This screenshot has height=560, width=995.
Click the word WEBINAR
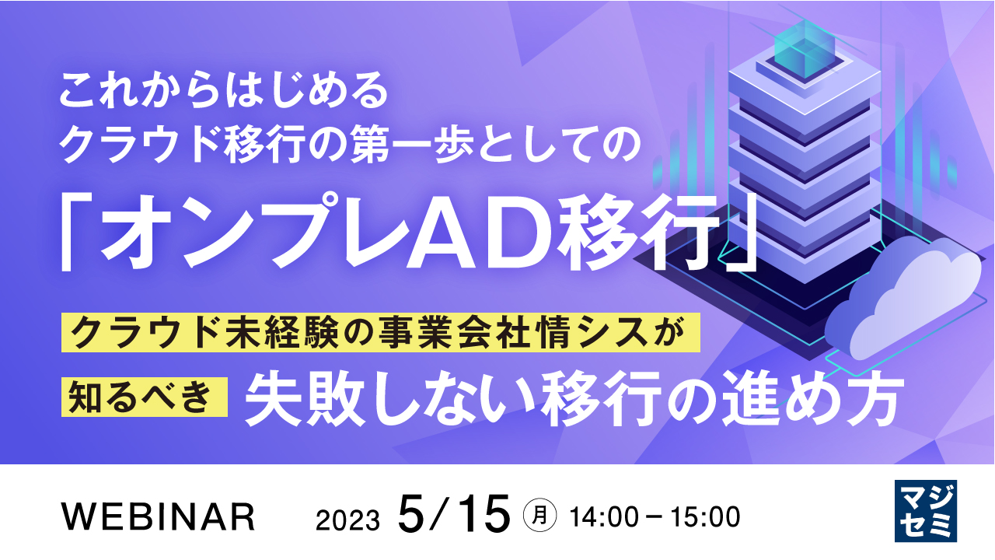point(158,516)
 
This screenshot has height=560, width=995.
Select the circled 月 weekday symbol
point(539,516)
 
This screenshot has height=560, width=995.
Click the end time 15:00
point(705,517)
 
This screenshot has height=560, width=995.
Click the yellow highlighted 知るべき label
point(145,397)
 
